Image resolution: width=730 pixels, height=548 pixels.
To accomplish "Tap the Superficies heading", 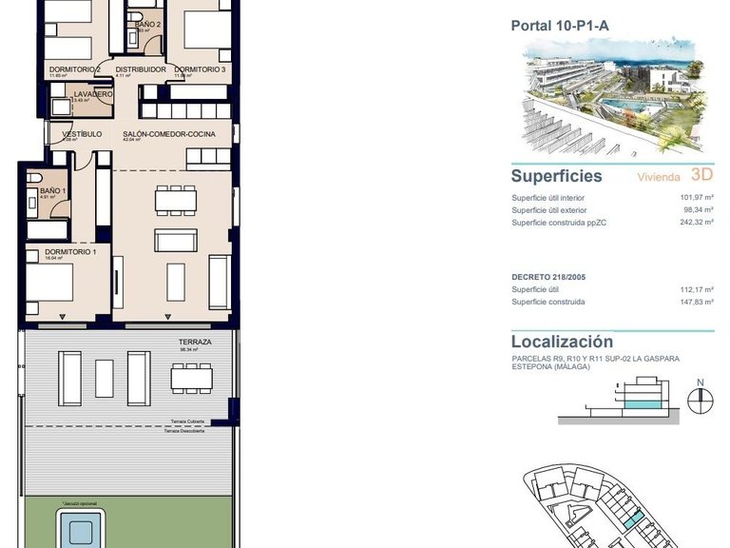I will point(556,176).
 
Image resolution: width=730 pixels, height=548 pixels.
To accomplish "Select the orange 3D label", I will point(701,174).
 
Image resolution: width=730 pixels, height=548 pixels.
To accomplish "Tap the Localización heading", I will point(562,342).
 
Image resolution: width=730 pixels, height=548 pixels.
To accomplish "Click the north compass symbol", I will point(700,397).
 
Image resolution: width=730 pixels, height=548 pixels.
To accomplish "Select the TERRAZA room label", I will point(194,341).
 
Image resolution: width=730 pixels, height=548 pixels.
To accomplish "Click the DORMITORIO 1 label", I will point(69,252).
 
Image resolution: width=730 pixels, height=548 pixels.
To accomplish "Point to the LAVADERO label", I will point(93,94).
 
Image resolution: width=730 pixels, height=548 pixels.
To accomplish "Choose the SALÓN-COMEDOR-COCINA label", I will point(169,134).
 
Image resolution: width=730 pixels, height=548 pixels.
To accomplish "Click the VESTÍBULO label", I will point(82,134).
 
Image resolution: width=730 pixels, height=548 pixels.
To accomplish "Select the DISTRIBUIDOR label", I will point(141,69).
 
